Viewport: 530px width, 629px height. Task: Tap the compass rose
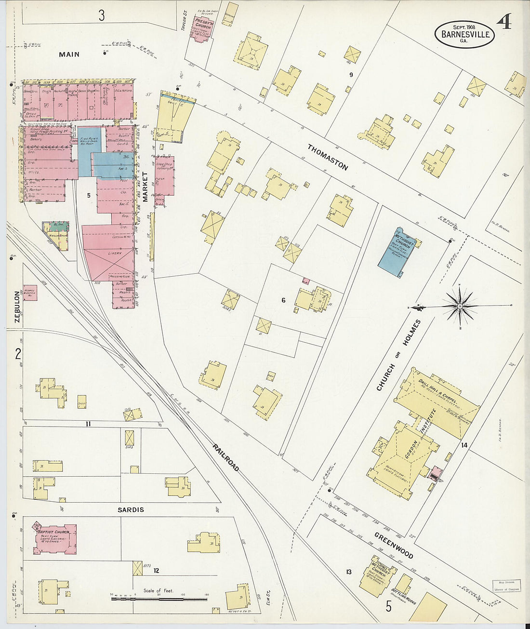[x=460, y=306]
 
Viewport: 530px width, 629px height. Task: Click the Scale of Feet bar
[x=159, y=599]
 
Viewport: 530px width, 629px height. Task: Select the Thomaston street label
[x=328, y=157]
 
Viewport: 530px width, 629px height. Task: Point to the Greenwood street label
[x=394, y=545]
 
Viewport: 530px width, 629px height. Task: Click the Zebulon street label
[x=17, y=307]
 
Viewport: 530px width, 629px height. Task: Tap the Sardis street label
[x=131, y=509]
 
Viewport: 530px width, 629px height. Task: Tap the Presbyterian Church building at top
[x=202, y=28]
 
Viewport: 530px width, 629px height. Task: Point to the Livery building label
[x=115, y=253]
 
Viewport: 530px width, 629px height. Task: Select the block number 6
[x=283, y=300]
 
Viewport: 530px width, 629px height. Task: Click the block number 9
[x=351, y=74]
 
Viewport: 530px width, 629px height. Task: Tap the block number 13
[x=348, y=572]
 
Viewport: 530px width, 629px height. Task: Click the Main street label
[x=69, y=54]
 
